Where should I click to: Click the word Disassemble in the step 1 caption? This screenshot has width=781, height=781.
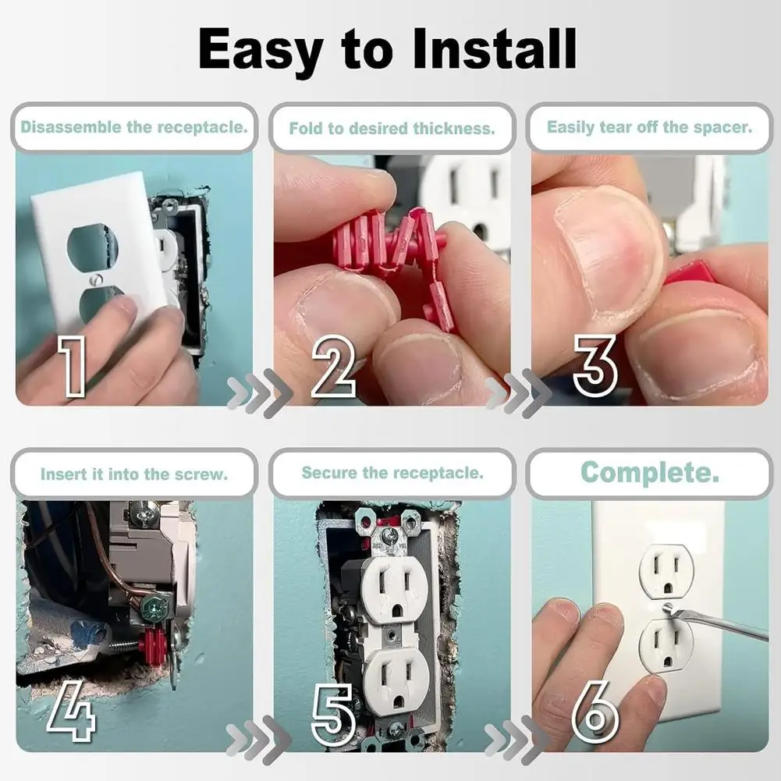pyautogui.click(x=70, y=126)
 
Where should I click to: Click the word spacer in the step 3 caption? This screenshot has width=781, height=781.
pyautogui.click(x=727, y=127)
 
